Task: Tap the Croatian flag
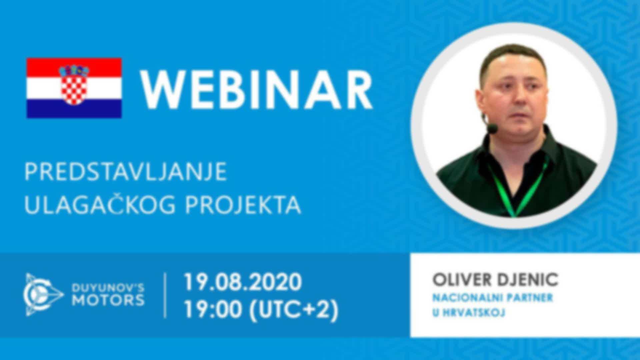tap(74, 88)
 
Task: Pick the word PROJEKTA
tap(243, 205)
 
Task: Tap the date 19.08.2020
tap(243, 282)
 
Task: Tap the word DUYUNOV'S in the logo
tap(108, 287)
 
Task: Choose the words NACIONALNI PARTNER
tap(493, 298)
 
